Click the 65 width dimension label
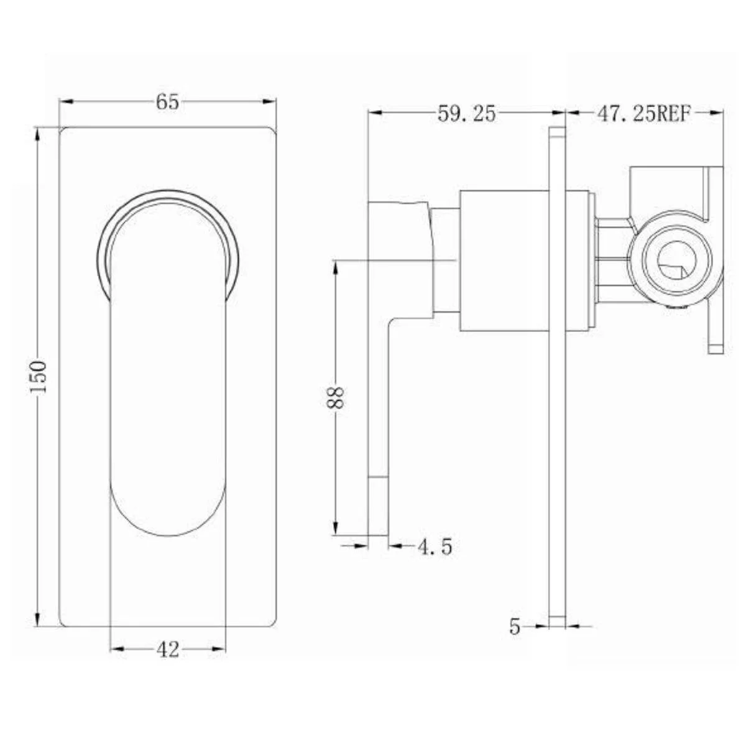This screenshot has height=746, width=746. tap(168, 103)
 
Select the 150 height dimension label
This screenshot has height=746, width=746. tap(39, 377)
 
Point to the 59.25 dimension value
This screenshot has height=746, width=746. tap(466, 114)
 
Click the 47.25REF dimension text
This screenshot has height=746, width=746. tap(644, 114)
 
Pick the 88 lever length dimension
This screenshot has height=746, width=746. tap(335, 398)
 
